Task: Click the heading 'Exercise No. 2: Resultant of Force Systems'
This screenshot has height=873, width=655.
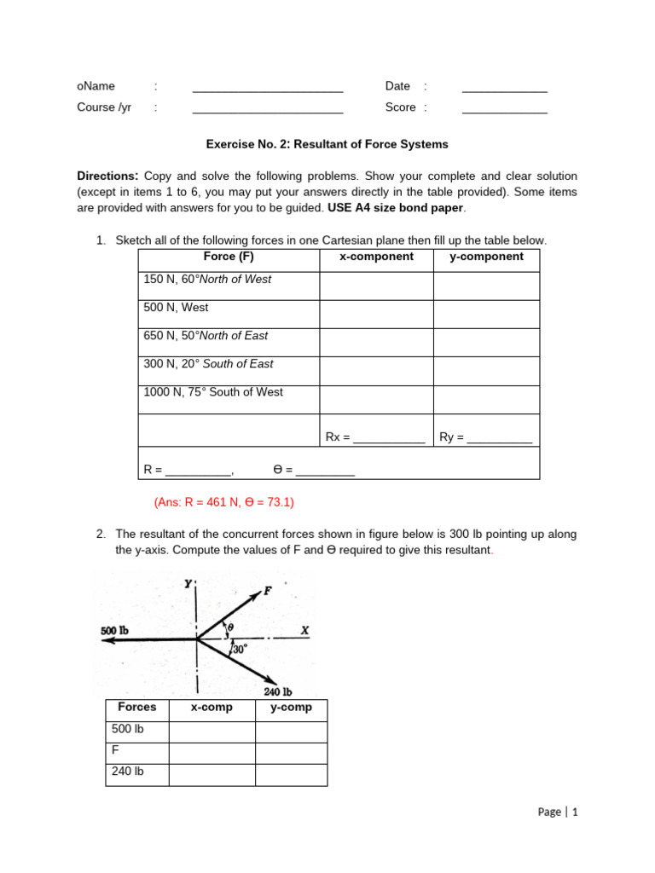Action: (x=327, y=144)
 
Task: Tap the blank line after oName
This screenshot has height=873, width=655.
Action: (x=268, y=88)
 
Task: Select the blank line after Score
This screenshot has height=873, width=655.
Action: (x=504, y=109)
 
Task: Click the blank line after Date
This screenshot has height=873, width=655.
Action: (x=504, y=88)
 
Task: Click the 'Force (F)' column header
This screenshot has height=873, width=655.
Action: (x=229, y=257)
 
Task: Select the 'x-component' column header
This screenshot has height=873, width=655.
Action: (x=376, y=257)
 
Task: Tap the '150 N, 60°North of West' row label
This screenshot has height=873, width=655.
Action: (x=207, y=280)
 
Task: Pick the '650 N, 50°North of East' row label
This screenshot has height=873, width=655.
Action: (x=206, y=336)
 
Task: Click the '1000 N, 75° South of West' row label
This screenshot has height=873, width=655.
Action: (x=213, y=392)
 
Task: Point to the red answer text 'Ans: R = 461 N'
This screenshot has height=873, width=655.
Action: (x=223, y=503)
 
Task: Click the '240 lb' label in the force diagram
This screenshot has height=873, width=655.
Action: (x=278, y=691)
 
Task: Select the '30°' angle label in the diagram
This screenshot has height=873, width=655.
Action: (x=241, y=650)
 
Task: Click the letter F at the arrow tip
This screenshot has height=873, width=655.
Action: (x=268, y=590)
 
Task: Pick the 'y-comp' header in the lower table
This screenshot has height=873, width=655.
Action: (x=291, y=708)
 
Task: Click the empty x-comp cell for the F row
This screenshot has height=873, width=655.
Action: (x=212, y=754)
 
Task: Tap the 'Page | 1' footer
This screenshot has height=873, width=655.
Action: (x=558, y=812)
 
